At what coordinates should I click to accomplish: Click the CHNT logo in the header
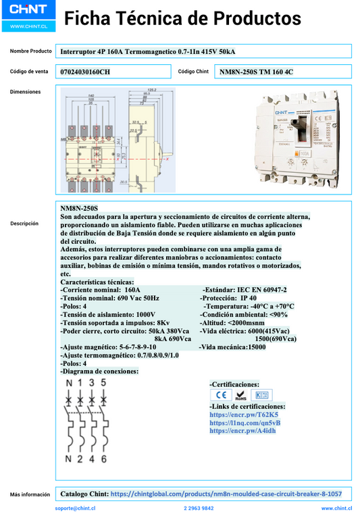(x=28, y=12)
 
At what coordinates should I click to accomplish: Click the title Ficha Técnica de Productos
(x=182, y=18)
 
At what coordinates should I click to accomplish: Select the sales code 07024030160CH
(x=85, y=71)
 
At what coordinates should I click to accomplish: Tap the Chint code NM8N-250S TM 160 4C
(x=257, y=71)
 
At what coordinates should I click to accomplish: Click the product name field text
(x=148, y=51)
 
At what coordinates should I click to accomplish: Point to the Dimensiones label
(x=25, y=92)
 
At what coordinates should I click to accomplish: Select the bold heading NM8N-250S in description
(x=79, y=209)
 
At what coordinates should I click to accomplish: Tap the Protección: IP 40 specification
(x=228, y=298)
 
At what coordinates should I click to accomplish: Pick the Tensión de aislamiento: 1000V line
(x=107, y=314)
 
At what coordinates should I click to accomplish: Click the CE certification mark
(x=220, y=395)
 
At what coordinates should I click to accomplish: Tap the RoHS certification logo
(x=240, y=395)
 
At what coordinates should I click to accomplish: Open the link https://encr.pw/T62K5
(x=243, y=414)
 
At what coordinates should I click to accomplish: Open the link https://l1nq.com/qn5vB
(x=245, y=422)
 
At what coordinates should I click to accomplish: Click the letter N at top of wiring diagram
(x=68, y=382)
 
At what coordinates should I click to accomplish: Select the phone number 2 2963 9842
(x=199, y=508)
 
